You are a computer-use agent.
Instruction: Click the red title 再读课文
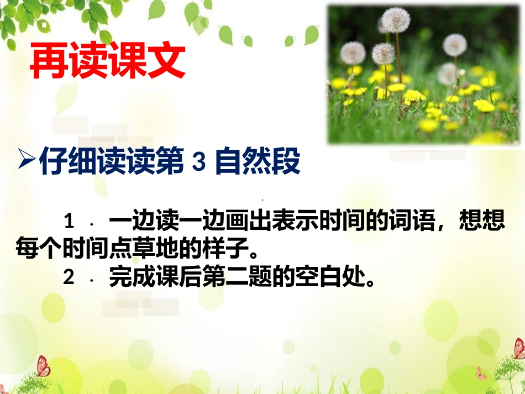pos(107,62)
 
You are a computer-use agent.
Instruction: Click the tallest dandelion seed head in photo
pos(396,20)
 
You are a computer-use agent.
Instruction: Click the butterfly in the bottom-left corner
pos(42,365)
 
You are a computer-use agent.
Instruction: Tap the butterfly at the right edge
pos(519,348)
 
